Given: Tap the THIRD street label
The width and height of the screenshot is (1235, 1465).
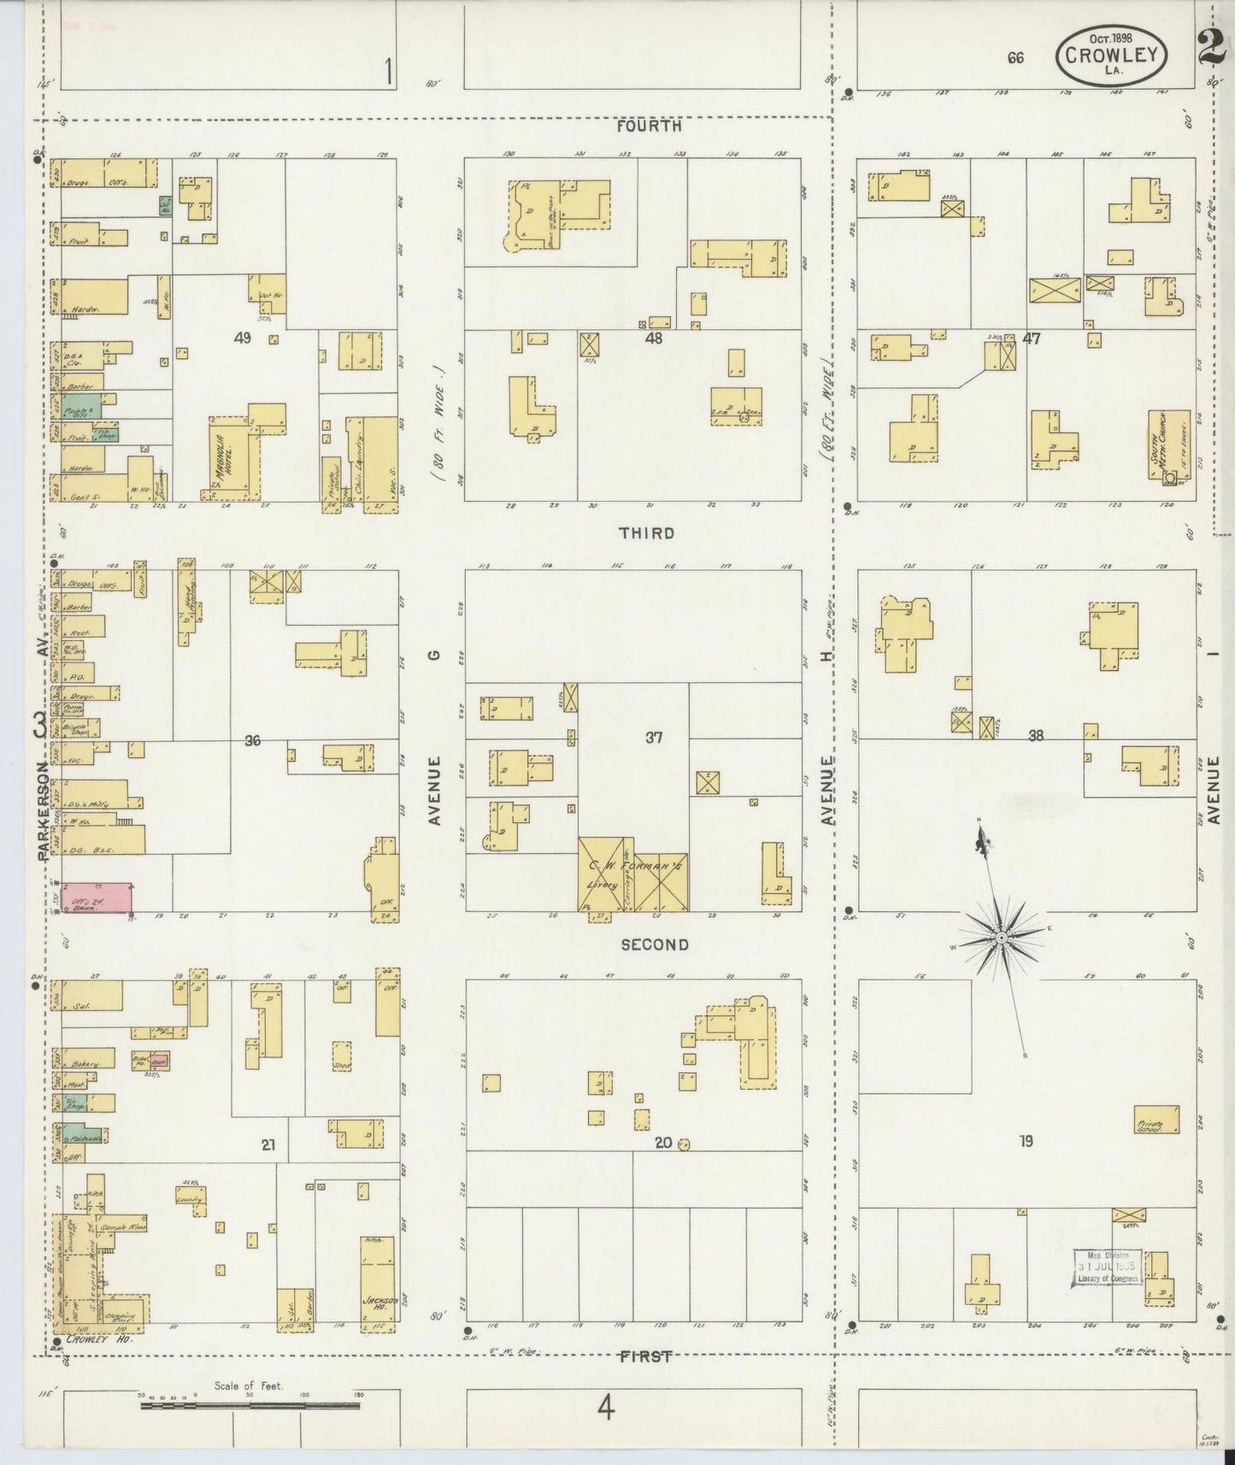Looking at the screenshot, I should click(x=647, y=533).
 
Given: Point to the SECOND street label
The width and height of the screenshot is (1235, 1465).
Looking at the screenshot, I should click(x=654, y=944).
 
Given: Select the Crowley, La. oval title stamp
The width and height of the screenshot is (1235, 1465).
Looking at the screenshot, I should click(x=1112, y=56).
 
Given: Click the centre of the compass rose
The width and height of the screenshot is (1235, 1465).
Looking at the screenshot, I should click(x=999, y=938).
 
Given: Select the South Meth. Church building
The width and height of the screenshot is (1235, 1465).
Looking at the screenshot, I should click(x=1169, y=445).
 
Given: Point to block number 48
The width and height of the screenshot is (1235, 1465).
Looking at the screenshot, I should click(x=654, y=338).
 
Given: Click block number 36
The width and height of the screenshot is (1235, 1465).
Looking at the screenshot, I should click(x=252, y=741).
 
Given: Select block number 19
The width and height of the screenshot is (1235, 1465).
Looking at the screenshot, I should click(x=1026, y=1140).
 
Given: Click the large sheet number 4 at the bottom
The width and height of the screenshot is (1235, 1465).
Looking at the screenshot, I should click(x=605, y=1407).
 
